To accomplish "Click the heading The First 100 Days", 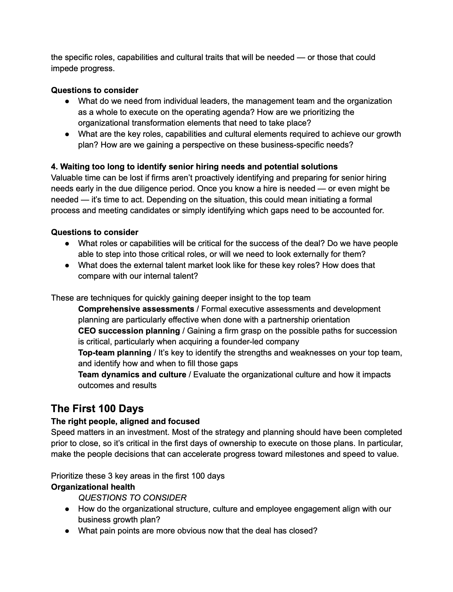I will click(97, 408).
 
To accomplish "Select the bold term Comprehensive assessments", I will click(136, 309).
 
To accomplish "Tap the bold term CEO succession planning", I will click(129, 331).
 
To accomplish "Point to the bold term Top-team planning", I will click(114, 353).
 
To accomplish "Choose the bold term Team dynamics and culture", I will click(132, 375).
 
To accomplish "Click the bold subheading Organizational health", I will click(93, 487).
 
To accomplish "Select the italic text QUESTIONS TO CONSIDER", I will click(132, 498).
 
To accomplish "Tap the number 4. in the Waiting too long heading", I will click(54, 167).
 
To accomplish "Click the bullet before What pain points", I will click(67, 531).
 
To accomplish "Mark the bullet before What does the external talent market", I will click(67, 265).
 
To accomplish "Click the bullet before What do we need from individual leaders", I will click(67, 101).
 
